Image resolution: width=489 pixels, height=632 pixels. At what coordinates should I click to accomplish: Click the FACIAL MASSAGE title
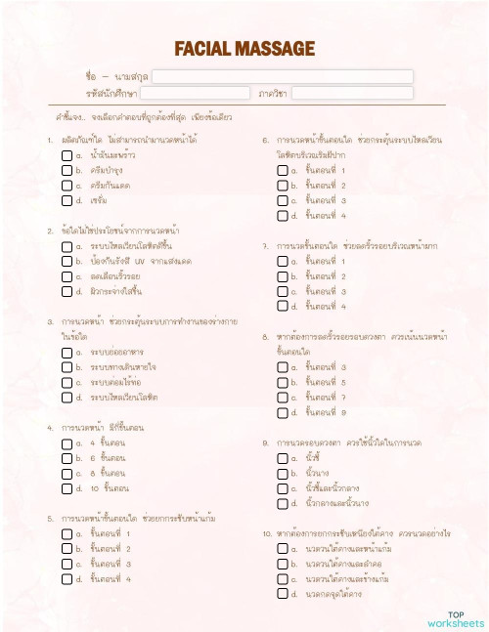tap(244, 49)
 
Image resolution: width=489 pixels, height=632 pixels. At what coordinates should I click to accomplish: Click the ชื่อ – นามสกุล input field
tap(283, 76)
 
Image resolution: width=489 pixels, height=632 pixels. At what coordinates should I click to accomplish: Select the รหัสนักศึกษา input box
tap(194, 94)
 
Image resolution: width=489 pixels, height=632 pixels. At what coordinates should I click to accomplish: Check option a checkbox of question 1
tap(66, 155)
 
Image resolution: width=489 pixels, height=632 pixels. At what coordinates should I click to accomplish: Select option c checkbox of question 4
tap(66, 473)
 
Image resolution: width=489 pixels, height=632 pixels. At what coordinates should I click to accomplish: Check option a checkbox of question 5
tap(66, 534)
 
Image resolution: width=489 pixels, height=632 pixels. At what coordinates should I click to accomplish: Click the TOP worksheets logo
tap(455, 618)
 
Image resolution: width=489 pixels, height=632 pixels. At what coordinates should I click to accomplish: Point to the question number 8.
tap(265, 337)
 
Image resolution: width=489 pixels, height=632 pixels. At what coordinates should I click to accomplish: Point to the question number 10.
tap(267, 534)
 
